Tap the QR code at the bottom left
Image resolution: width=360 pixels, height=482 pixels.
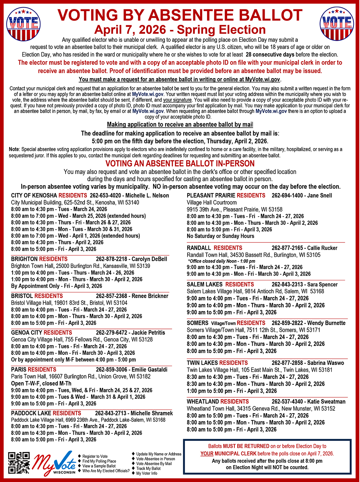coord(19,463)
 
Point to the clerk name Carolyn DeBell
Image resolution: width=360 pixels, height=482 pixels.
coord(149,259)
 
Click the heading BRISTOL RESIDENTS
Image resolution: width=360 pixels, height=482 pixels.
coord(37,296)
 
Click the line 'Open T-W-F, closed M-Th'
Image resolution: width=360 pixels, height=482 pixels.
coord(41,383)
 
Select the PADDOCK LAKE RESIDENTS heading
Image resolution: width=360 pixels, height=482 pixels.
coord(46,413)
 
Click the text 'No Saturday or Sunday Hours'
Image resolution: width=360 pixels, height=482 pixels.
coord(220,236)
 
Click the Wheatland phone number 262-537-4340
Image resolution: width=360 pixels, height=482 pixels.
coord(287,402)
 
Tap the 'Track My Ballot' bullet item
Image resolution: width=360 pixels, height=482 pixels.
coord(148,469)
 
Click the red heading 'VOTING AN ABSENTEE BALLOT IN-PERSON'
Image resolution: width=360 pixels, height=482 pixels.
coord(180,164)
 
